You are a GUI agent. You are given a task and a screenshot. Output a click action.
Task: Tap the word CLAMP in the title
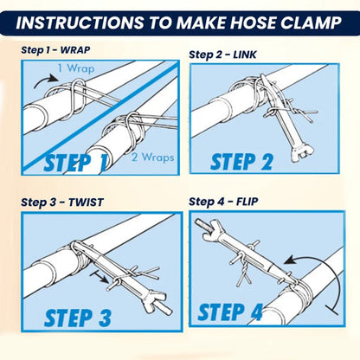[x=308, y=22]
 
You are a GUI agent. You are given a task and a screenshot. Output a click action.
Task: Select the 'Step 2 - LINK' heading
[x=222, y=54]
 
